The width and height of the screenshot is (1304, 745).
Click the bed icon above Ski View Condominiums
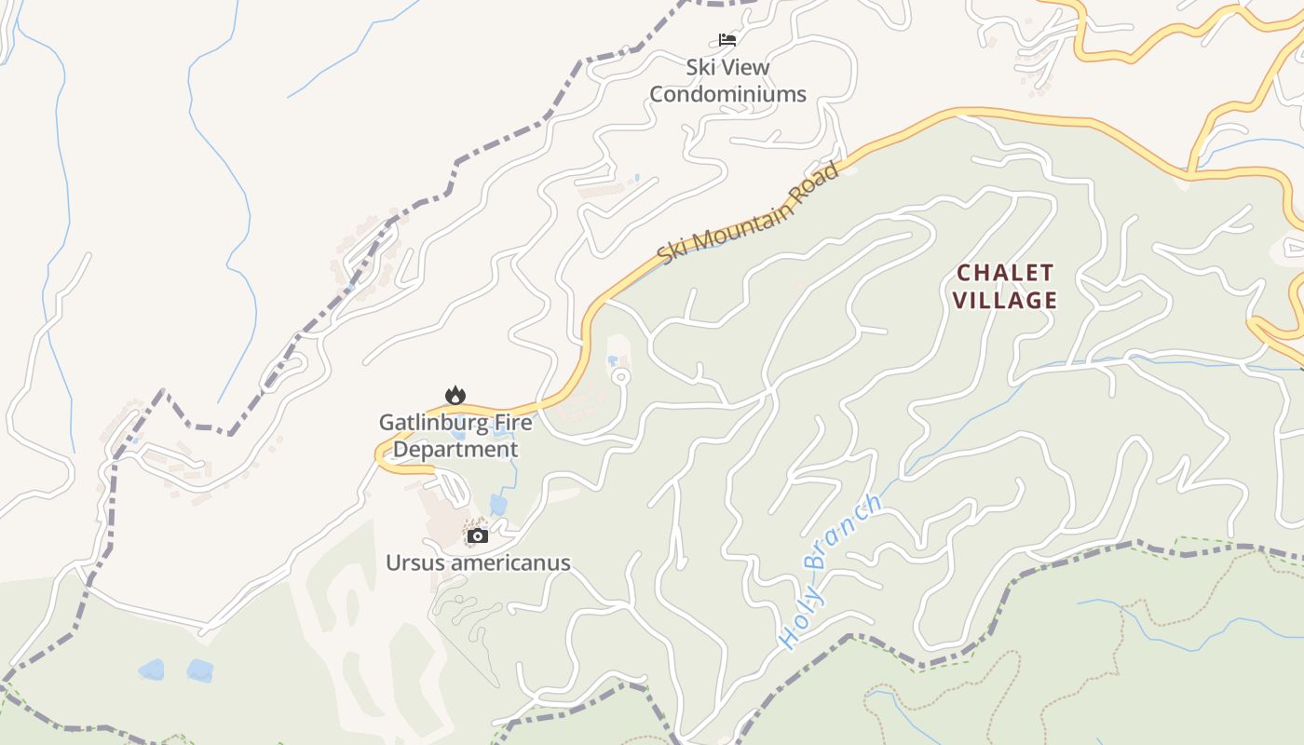coord(727,39)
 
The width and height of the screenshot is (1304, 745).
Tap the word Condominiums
coord(727,94)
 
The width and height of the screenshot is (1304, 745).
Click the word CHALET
coord(1006,273)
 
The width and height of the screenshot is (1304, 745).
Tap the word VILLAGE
coord(1005,300)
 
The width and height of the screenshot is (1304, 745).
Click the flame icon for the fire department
coord(455,395)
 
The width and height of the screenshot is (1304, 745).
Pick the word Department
coord(455,450)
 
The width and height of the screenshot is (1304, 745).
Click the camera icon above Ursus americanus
coord(477,535)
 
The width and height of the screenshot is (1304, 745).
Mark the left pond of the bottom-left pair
coord(151,670)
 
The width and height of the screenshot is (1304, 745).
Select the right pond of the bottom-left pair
coord(199,670)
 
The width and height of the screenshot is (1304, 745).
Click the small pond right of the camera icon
coord(498,505)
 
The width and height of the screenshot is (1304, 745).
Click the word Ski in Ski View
coord(701,67)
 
